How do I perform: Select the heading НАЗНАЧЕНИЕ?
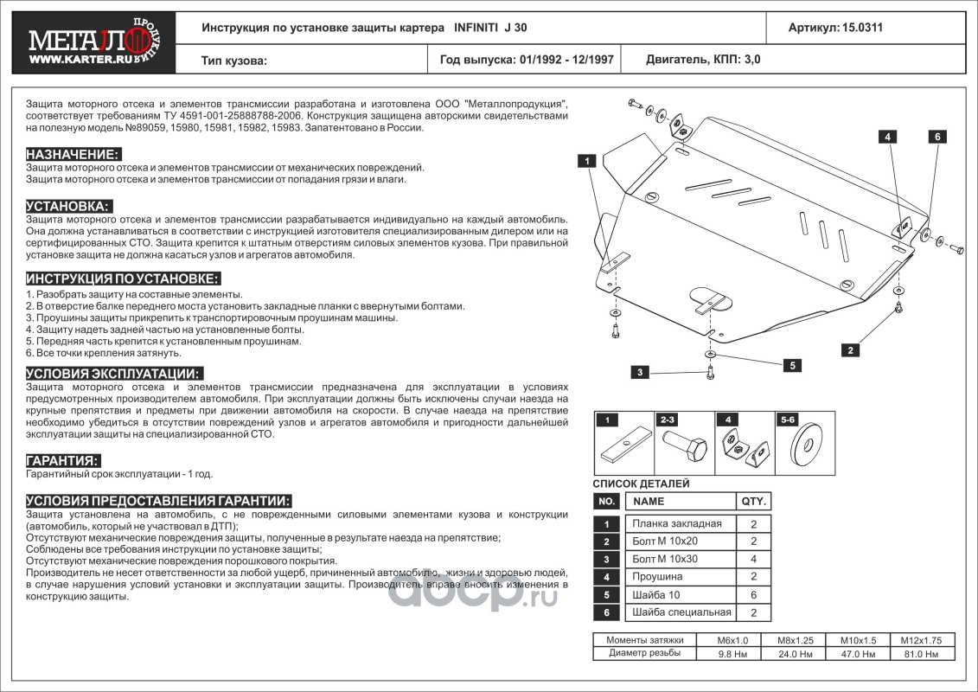[72, 153]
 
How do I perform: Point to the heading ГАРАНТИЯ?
[62, 460]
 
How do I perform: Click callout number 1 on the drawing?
[585, 161]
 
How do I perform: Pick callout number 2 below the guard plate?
[851, 350]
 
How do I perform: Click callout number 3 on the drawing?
[640, 372]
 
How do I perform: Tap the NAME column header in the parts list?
[649, 501]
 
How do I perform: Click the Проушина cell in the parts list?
[657, 576]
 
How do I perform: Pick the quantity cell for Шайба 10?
[753, 594]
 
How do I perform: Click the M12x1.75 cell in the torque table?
[920, 640]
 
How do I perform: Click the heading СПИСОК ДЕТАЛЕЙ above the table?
[641, 484]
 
